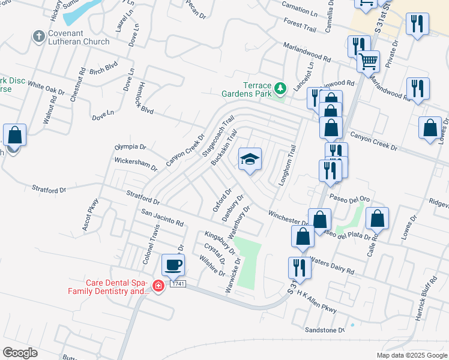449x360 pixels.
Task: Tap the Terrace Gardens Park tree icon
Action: pyautogui.click(x=280, y=89)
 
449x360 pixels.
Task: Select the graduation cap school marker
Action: pyautogui.click(x=250, y=160)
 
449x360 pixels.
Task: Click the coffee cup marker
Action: pyautogui.click(x=173, y=265)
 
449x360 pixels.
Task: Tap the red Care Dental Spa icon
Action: pyautogui.click(x=158, y=286)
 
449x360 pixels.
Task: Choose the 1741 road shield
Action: pyautogui.click(x=176, y=283)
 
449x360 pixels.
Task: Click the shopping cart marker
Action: pyautogui.click(x=367, y=61)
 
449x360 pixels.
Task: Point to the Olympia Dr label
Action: pyautogui.click(x=130, y=146)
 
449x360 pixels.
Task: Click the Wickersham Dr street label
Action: pyautogui.click(x=136, y=164)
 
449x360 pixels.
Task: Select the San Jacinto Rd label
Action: pyautogui.click(x=162, y=218)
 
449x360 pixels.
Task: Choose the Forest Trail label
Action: pyautogui.click(x=300, y=25)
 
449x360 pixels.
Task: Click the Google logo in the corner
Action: pyautogui.click(x=20, y=352)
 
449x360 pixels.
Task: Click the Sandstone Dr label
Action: pyautogui.click(x=325, y=329)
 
